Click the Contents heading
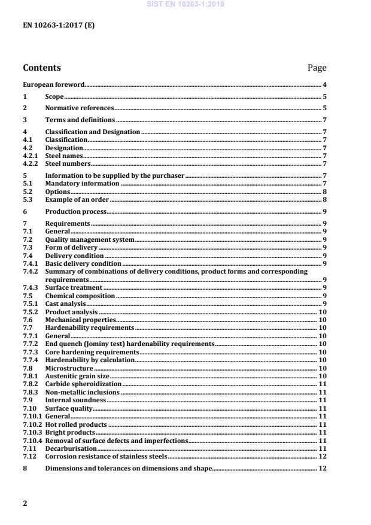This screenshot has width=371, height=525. [42, 68]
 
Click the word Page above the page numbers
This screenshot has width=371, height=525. [317, 68]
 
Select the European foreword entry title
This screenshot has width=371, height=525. [53, 85]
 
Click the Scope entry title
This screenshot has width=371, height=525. [54, 96]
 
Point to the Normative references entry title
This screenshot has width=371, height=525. [79, 108]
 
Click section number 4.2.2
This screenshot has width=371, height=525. [31, 163]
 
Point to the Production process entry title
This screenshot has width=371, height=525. [76, 211]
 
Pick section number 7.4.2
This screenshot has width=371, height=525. [31, 271]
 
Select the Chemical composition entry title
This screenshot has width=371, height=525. [80, 296]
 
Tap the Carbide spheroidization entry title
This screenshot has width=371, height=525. [83, 384]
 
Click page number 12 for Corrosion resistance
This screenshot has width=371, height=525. [323, 456]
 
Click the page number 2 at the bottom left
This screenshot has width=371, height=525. [25, 503]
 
